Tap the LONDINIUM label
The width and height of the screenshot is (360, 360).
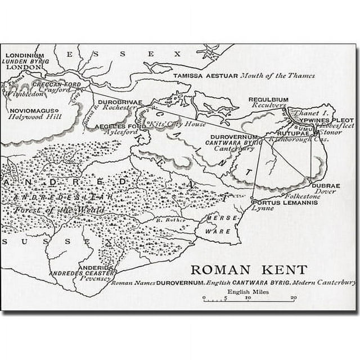coord(24,55)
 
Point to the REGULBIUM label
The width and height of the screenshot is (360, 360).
coord(268,100)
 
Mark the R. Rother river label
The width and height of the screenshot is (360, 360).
coord(167,220)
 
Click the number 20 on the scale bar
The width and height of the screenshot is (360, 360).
coord(293,298)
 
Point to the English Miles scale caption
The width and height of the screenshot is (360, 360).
coord(247,292)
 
